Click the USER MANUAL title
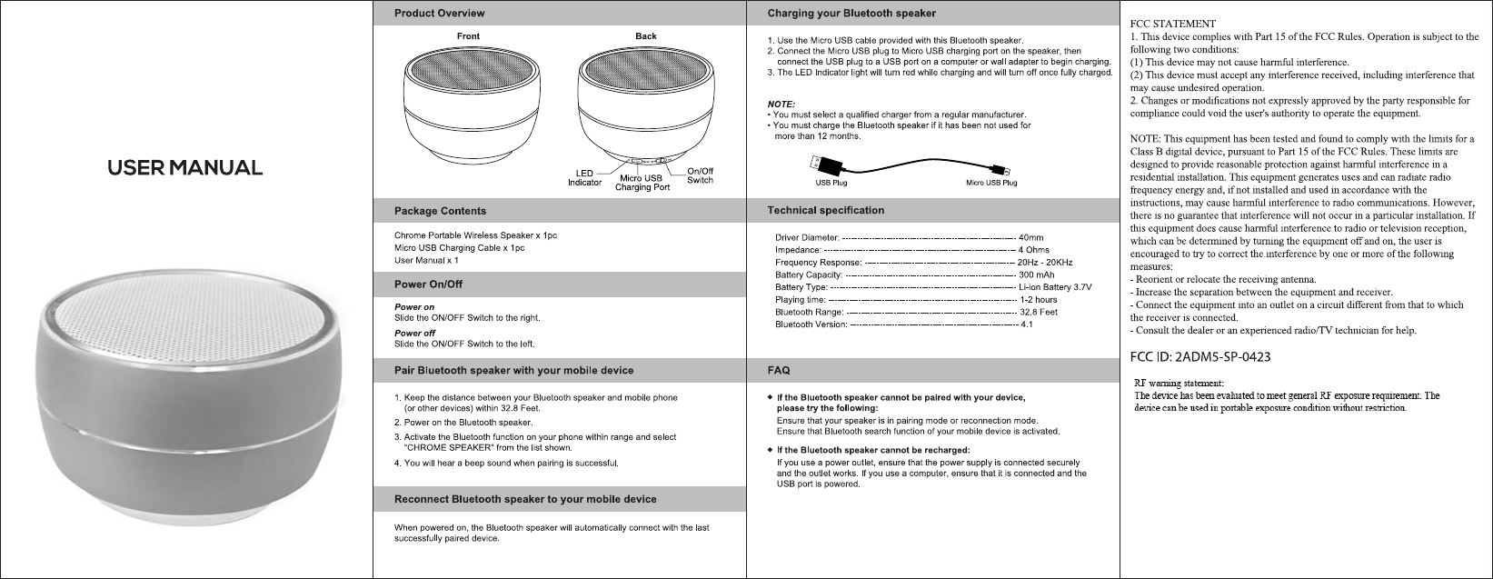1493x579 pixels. click(x=185, y=168)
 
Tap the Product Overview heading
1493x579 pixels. click(x=439, y=14)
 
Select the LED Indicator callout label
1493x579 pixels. click(x=584, y=177)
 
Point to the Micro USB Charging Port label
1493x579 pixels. click(x=642, y=183)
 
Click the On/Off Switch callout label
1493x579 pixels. click(x=700, y=175)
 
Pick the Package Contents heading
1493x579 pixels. click(x=440, y=211)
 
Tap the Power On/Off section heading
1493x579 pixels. click(x=428, y=285)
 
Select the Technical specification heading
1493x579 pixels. click(x=825, y=211)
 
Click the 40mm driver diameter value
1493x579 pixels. click(x=1031, y=237)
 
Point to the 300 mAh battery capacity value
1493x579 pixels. click(x=1037, y=275)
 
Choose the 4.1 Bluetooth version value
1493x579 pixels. click(x=1027, y=324)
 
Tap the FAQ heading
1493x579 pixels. click(x=779, y=371)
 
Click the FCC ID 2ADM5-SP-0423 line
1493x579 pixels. click(x=1199, y=355)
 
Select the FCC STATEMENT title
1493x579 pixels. click(x=1171, y=23)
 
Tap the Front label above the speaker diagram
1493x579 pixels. click(x=468, y=36)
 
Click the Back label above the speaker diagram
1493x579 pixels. click(x=646, y=36)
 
